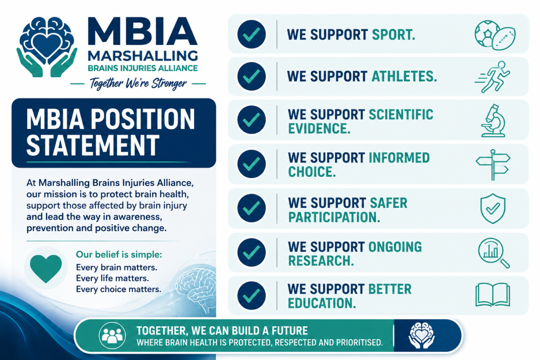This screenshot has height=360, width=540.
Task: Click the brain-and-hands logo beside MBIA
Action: (47, 47)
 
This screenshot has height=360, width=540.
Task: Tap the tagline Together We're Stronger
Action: (138, 83)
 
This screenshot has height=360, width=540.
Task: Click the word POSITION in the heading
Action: (142, 119)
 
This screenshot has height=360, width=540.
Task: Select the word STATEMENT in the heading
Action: (93, 145)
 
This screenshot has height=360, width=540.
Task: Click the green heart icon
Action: (46, 268)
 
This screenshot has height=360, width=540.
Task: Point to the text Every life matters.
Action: (112, 278)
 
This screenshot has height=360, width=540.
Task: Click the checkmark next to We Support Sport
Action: (251, 34)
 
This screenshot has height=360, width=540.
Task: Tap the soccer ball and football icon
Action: (495, 35)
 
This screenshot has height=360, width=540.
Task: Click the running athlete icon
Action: (493, 77)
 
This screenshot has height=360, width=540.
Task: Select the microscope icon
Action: (493, 120)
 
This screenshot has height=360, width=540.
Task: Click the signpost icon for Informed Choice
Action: (493, 165)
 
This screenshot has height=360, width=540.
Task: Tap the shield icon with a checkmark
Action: (493, 209)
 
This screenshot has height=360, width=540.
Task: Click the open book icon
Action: (493, 295)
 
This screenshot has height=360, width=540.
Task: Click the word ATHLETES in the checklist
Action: (404, 76)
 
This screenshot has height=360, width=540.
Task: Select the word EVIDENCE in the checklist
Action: (319, 129)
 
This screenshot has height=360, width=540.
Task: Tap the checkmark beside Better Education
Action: (251, 295)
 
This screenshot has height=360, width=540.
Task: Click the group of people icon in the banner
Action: (112, 335)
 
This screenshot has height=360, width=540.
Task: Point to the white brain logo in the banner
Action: (421, 335)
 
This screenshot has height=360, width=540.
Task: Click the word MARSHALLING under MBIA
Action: (143, 56)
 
